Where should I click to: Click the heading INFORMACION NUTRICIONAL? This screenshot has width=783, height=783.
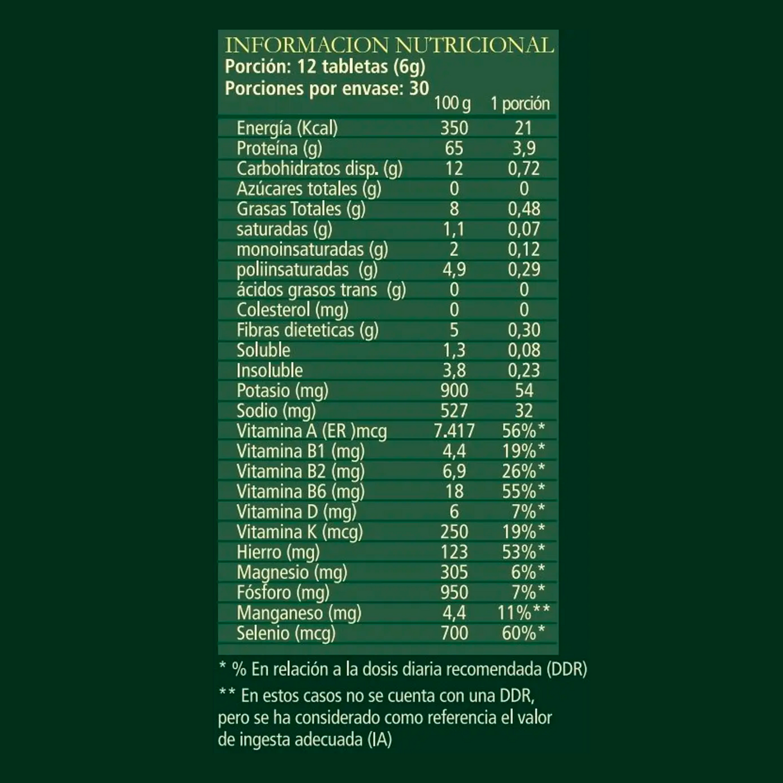click(389, 45)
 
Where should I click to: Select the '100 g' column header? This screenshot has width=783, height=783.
click(452, 103)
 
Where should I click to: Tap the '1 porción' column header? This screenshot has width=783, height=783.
click(520, 103)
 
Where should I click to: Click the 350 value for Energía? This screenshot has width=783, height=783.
click(454, 128)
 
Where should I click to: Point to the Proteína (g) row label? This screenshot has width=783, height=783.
click(279, 148)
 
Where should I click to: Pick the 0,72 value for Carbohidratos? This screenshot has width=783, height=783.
click(523, 169)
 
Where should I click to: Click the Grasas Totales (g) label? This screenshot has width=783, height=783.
click(301, 209)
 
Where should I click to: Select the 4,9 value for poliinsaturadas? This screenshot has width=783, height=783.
click(454, 269)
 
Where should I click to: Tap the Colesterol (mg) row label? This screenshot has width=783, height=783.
click(292, 310)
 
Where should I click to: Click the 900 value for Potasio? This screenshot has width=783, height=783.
click(454, 391)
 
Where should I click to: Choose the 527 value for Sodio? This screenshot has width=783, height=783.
click(454, 411)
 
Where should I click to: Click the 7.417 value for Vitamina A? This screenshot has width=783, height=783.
click(454, 431)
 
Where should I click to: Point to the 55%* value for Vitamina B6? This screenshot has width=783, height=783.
click(523, 491)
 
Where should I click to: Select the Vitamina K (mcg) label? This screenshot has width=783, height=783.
click(299, 532)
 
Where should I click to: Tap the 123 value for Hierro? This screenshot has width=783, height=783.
click(454, 552)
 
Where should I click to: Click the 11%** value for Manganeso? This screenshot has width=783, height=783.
click(523, 613)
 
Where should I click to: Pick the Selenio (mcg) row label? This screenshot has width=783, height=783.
click(286, 633)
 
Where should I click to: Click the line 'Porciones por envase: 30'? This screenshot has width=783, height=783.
click(327, 88)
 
